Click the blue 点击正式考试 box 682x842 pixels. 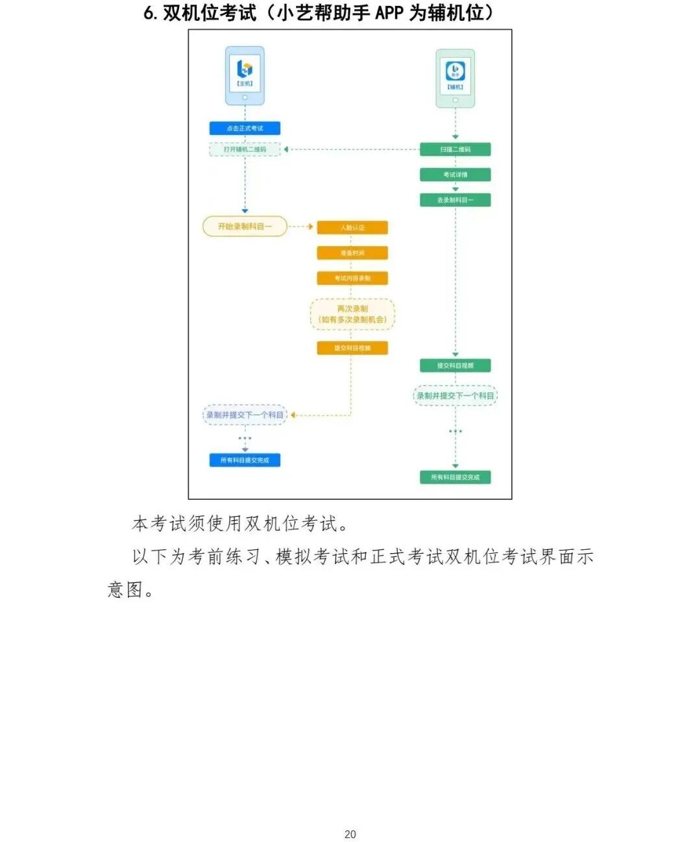pos(245,129)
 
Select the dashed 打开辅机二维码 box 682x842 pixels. pos(245,149)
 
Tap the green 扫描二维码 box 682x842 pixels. pos(455,149)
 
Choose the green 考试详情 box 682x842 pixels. pos(455,175)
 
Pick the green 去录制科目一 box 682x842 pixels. pos(455,200)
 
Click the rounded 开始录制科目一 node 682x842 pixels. pos(245,227)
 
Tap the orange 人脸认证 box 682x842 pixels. pos(352,228)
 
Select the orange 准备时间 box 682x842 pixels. pos(352,253)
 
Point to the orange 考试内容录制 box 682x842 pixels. pos(352,279)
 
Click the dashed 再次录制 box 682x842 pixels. pos(352,314)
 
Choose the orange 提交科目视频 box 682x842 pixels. pos(352,348)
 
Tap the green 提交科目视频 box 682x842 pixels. pos(455,365)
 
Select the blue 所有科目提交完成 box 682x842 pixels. pos(245,460)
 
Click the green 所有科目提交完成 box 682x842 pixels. pos(455,477)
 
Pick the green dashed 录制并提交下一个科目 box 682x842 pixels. pos(455,395)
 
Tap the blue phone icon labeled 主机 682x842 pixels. pos(245,75)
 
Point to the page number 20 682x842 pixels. pos(350,834)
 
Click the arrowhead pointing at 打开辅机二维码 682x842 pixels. pos(286,149)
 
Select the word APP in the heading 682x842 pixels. pos(389,12)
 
